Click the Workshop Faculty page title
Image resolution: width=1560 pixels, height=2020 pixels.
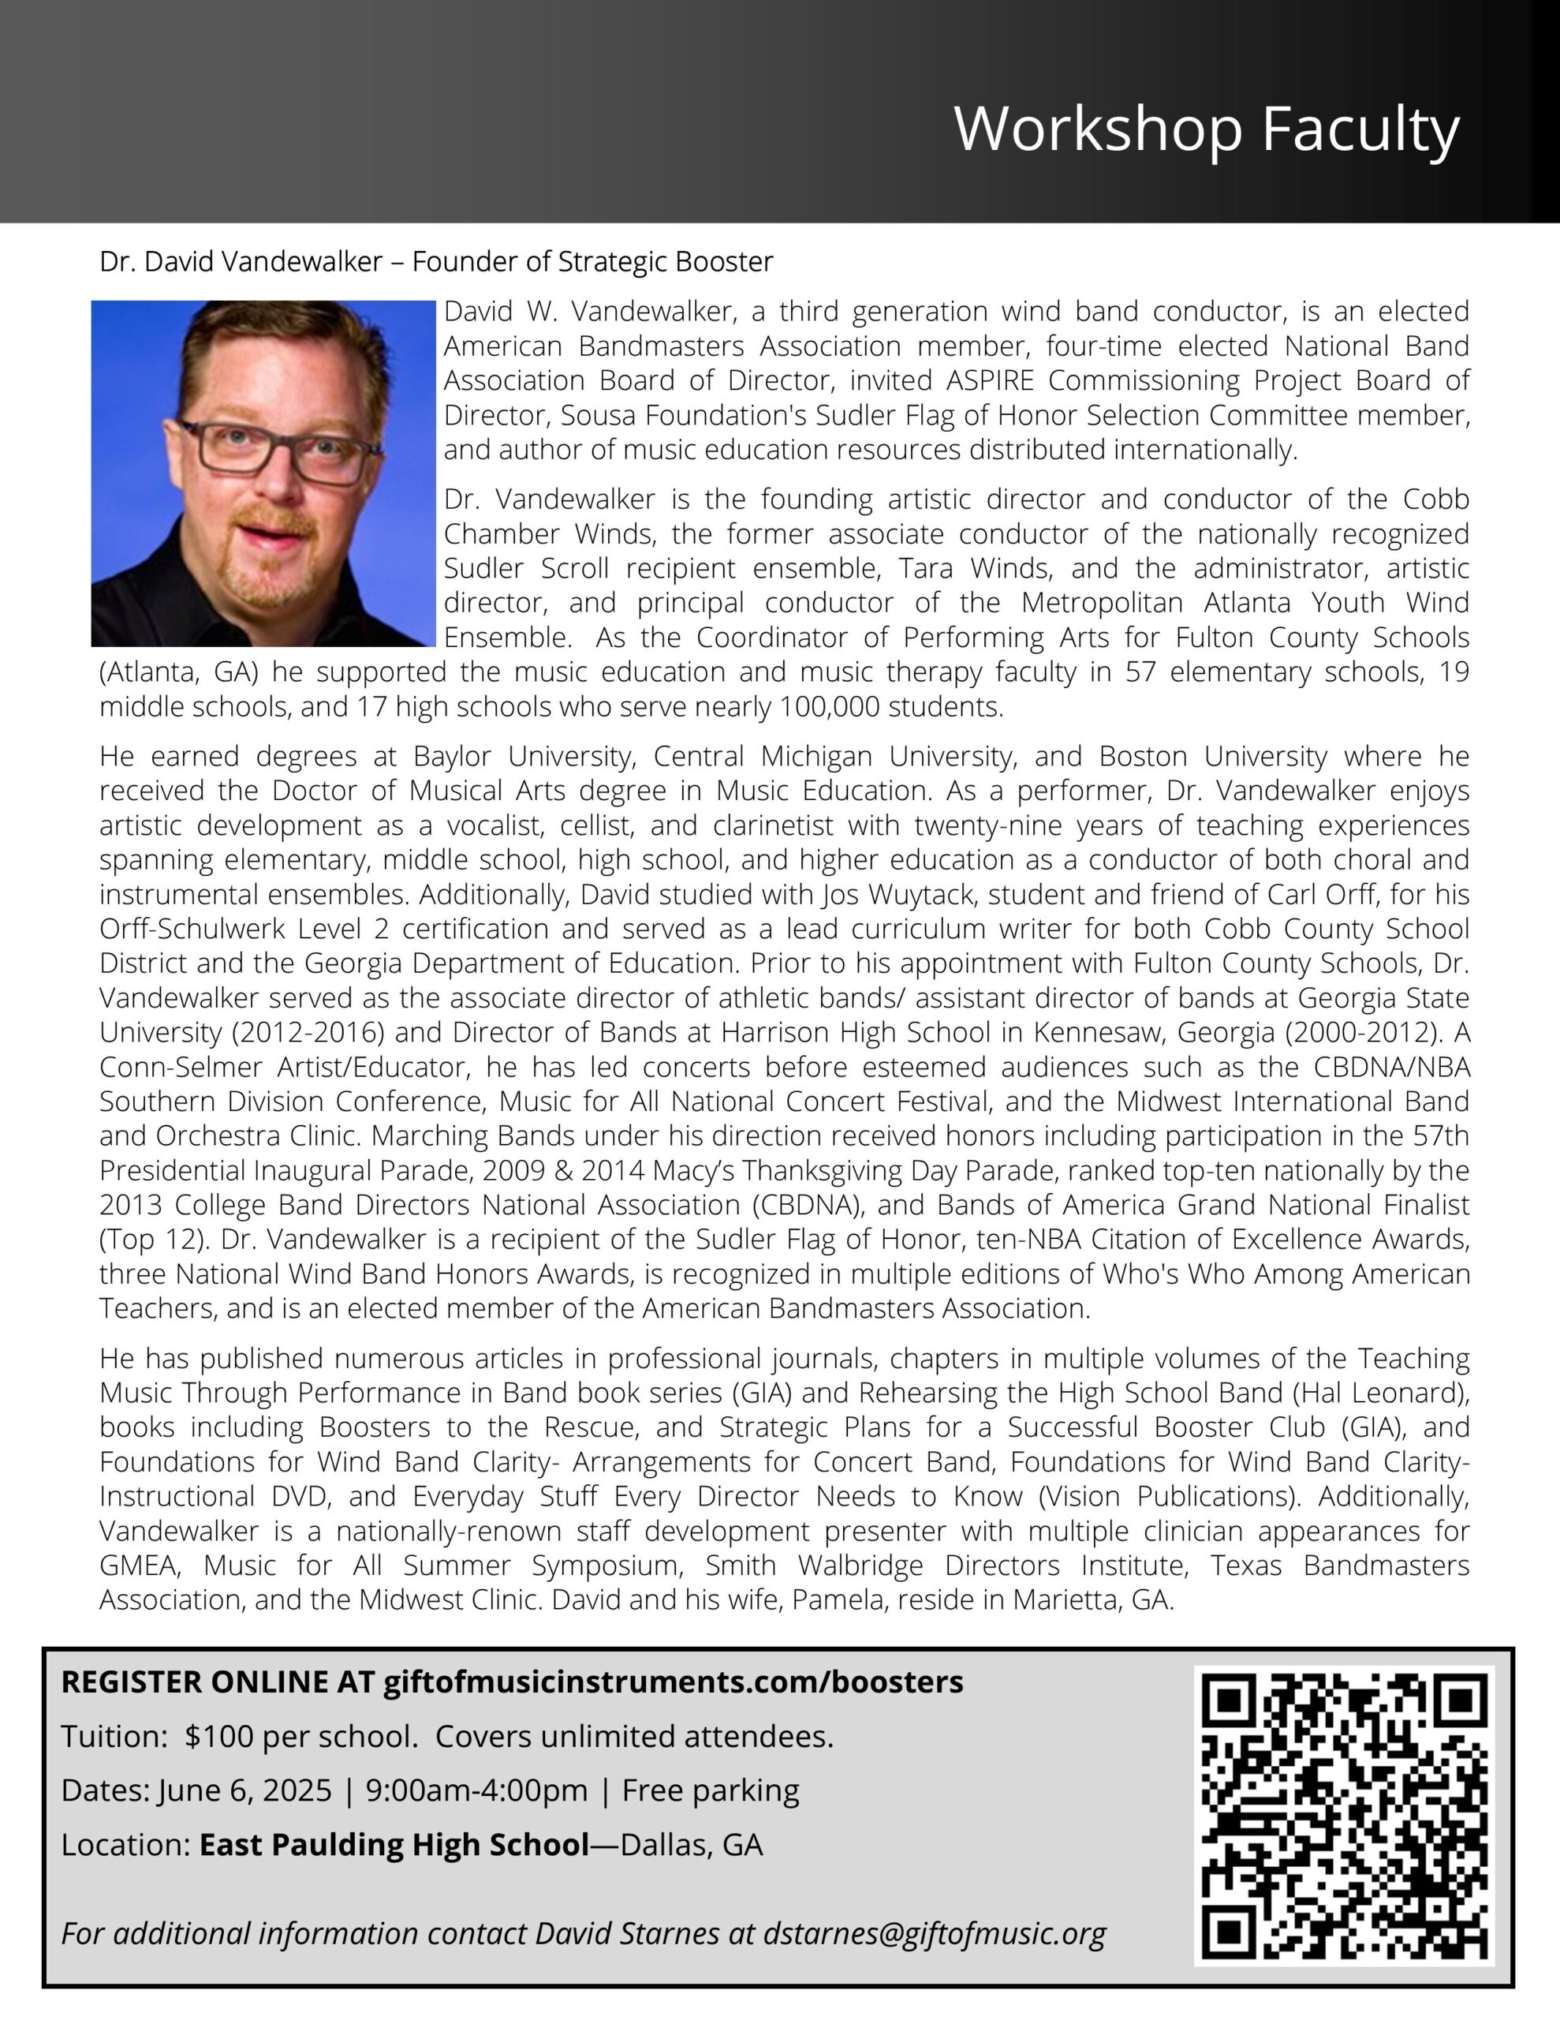click(x=1207, y=129)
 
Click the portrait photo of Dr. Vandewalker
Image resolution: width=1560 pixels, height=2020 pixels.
click(x=263, y=473)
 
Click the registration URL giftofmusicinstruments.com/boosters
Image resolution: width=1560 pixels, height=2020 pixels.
click(x=674, y=1681)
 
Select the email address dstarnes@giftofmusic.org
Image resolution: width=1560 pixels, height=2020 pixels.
click(x=934, y=1933)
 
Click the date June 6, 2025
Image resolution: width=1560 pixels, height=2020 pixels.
click(x=245, y=1790)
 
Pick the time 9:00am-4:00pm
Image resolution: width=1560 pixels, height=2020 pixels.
click(x=476, y=1790)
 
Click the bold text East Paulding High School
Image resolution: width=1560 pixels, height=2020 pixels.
click(x=394, y=1844)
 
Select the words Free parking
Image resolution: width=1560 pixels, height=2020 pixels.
click(x=710, y=1790)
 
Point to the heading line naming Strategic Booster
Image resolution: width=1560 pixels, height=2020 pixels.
click(x=436, y=262)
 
